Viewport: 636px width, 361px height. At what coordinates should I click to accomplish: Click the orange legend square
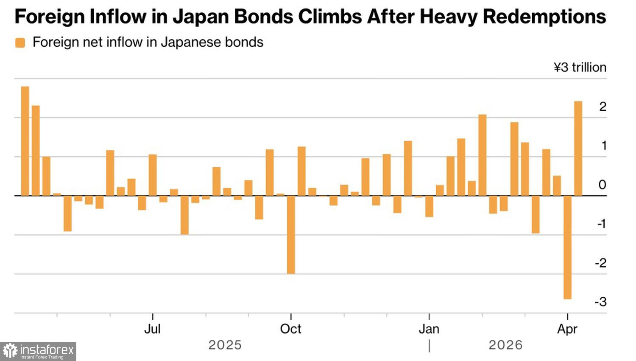20,42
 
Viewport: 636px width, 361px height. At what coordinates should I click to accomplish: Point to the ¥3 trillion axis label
580,68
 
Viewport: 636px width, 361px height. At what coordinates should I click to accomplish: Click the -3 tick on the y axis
600,302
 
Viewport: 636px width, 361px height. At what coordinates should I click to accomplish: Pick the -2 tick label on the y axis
600,263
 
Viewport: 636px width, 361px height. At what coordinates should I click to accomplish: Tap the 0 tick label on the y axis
602,185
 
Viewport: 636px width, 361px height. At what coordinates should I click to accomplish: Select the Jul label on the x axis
152,329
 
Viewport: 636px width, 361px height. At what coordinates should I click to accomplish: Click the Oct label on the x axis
290,329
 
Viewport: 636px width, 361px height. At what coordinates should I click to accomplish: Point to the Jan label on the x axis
429,329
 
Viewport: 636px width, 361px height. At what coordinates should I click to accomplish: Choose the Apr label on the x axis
567,329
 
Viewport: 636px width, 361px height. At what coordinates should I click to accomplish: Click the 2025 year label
225,345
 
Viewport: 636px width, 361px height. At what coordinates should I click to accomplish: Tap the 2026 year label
505,345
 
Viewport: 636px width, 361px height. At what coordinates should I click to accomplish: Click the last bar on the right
578,148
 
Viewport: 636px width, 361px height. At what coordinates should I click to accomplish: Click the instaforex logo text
47,350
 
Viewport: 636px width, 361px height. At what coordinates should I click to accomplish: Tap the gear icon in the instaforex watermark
10,351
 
